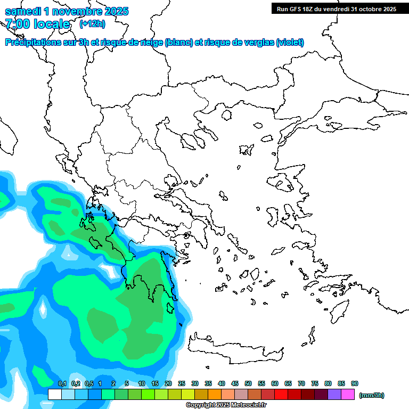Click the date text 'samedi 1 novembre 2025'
click(67, 11)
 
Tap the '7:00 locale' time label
click(37, 24)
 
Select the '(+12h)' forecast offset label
click(92, 23)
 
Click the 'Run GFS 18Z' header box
click(336, 9)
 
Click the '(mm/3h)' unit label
click(371, 395)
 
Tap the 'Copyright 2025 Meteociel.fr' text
click(226, 405)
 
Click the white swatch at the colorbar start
click(54, 395)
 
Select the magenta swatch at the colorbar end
click(348, 395)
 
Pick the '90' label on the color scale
click(355, 384)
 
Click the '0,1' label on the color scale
click(62, 384)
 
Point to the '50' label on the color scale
click(248, 384)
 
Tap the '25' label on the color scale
click(182, 384)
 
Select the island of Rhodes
click(339, 311)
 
